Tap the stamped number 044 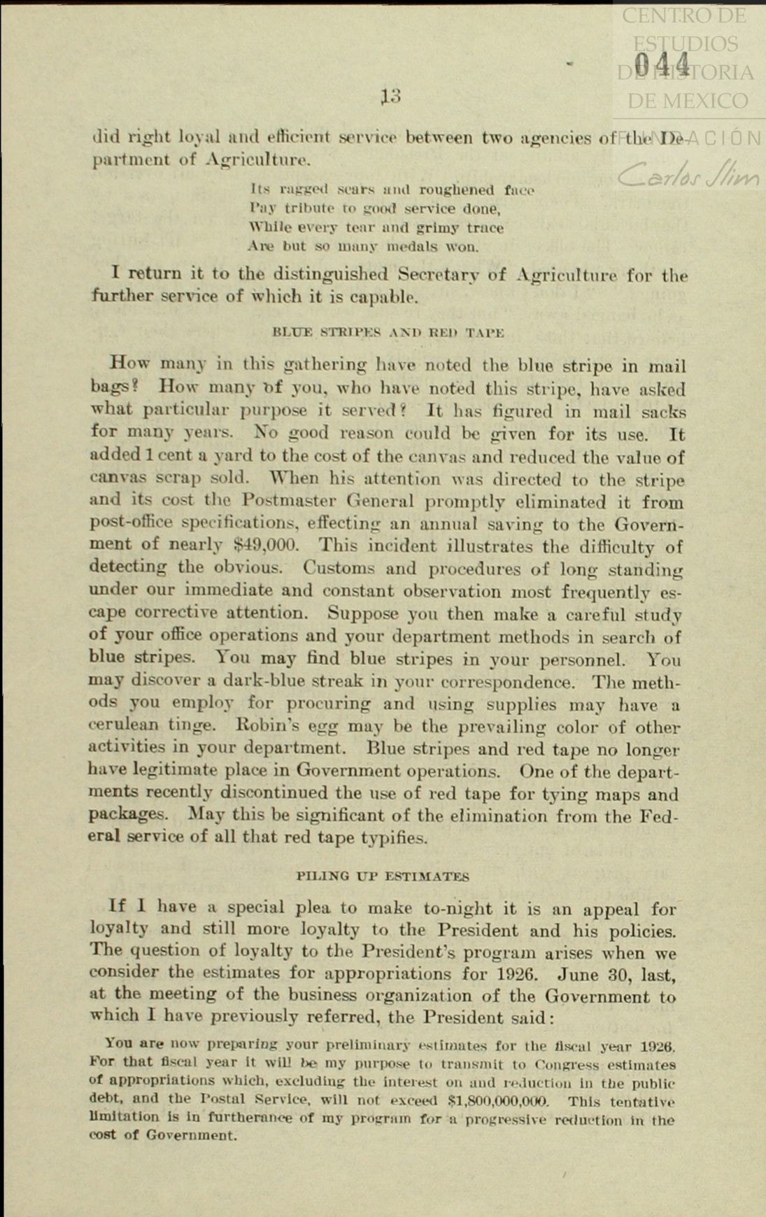tap(662, 64)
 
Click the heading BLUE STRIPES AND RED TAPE tap(388, 332)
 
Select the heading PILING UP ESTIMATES tap(383, 876)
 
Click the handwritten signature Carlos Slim tap(688, 175)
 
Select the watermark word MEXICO tap(688, 101)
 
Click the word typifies tap(393, 837)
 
